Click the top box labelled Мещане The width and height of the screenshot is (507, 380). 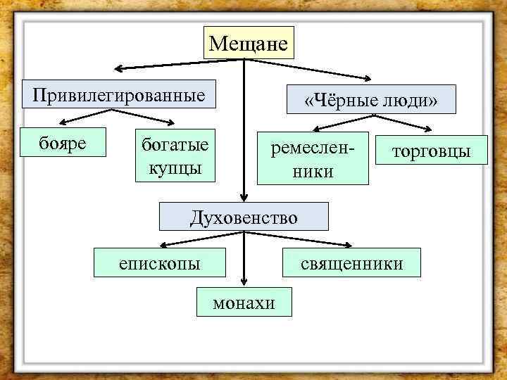tap(249, 44)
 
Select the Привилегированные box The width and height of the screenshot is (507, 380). tap(118, 94)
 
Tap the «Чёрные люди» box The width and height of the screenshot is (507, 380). tap(370, 100)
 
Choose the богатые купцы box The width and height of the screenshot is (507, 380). tap(175, 156)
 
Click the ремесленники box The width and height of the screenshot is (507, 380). tap(313, 158)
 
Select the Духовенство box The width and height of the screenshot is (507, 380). tap(244, 217)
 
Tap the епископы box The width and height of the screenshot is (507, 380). tap(160, 263)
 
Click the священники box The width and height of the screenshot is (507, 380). tap(351, 263)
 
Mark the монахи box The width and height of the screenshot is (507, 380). tap(244, 302)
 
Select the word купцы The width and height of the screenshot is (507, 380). tap(175, 168)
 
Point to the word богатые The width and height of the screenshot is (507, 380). tap(175, 145)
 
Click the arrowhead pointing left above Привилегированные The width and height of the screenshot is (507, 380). tap(118, 69)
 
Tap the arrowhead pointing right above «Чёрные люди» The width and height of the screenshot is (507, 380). tap(370, 79)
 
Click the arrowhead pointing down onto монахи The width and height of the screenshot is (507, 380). tap(244, 282)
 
